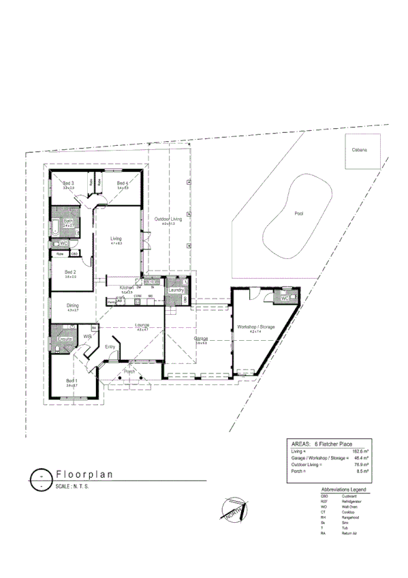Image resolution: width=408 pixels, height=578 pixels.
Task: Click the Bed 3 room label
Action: point(68,183)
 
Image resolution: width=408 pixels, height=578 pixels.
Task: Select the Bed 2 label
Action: point(70,272)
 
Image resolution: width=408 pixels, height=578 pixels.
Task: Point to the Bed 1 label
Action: point(72,380)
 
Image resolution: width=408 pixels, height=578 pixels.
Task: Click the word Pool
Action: point(298,213)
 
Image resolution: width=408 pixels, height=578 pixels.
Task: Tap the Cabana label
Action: point(360,150)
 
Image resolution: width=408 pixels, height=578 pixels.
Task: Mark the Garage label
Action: point(201,338)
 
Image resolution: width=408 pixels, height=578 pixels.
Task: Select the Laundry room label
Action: point(177,290)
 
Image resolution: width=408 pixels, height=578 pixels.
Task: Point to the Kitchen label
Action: point(127,288)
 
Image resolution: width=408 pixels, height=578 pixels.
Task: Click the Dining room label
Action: point(72,305)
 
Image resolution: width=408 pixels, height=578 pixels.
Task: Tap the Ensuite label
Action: point(65,338)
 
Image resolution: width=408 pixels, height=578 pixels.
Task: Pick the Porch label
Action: point(129,371)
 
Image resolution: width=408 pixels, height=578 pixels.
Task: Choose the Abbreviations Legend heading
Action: point(343,489)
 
